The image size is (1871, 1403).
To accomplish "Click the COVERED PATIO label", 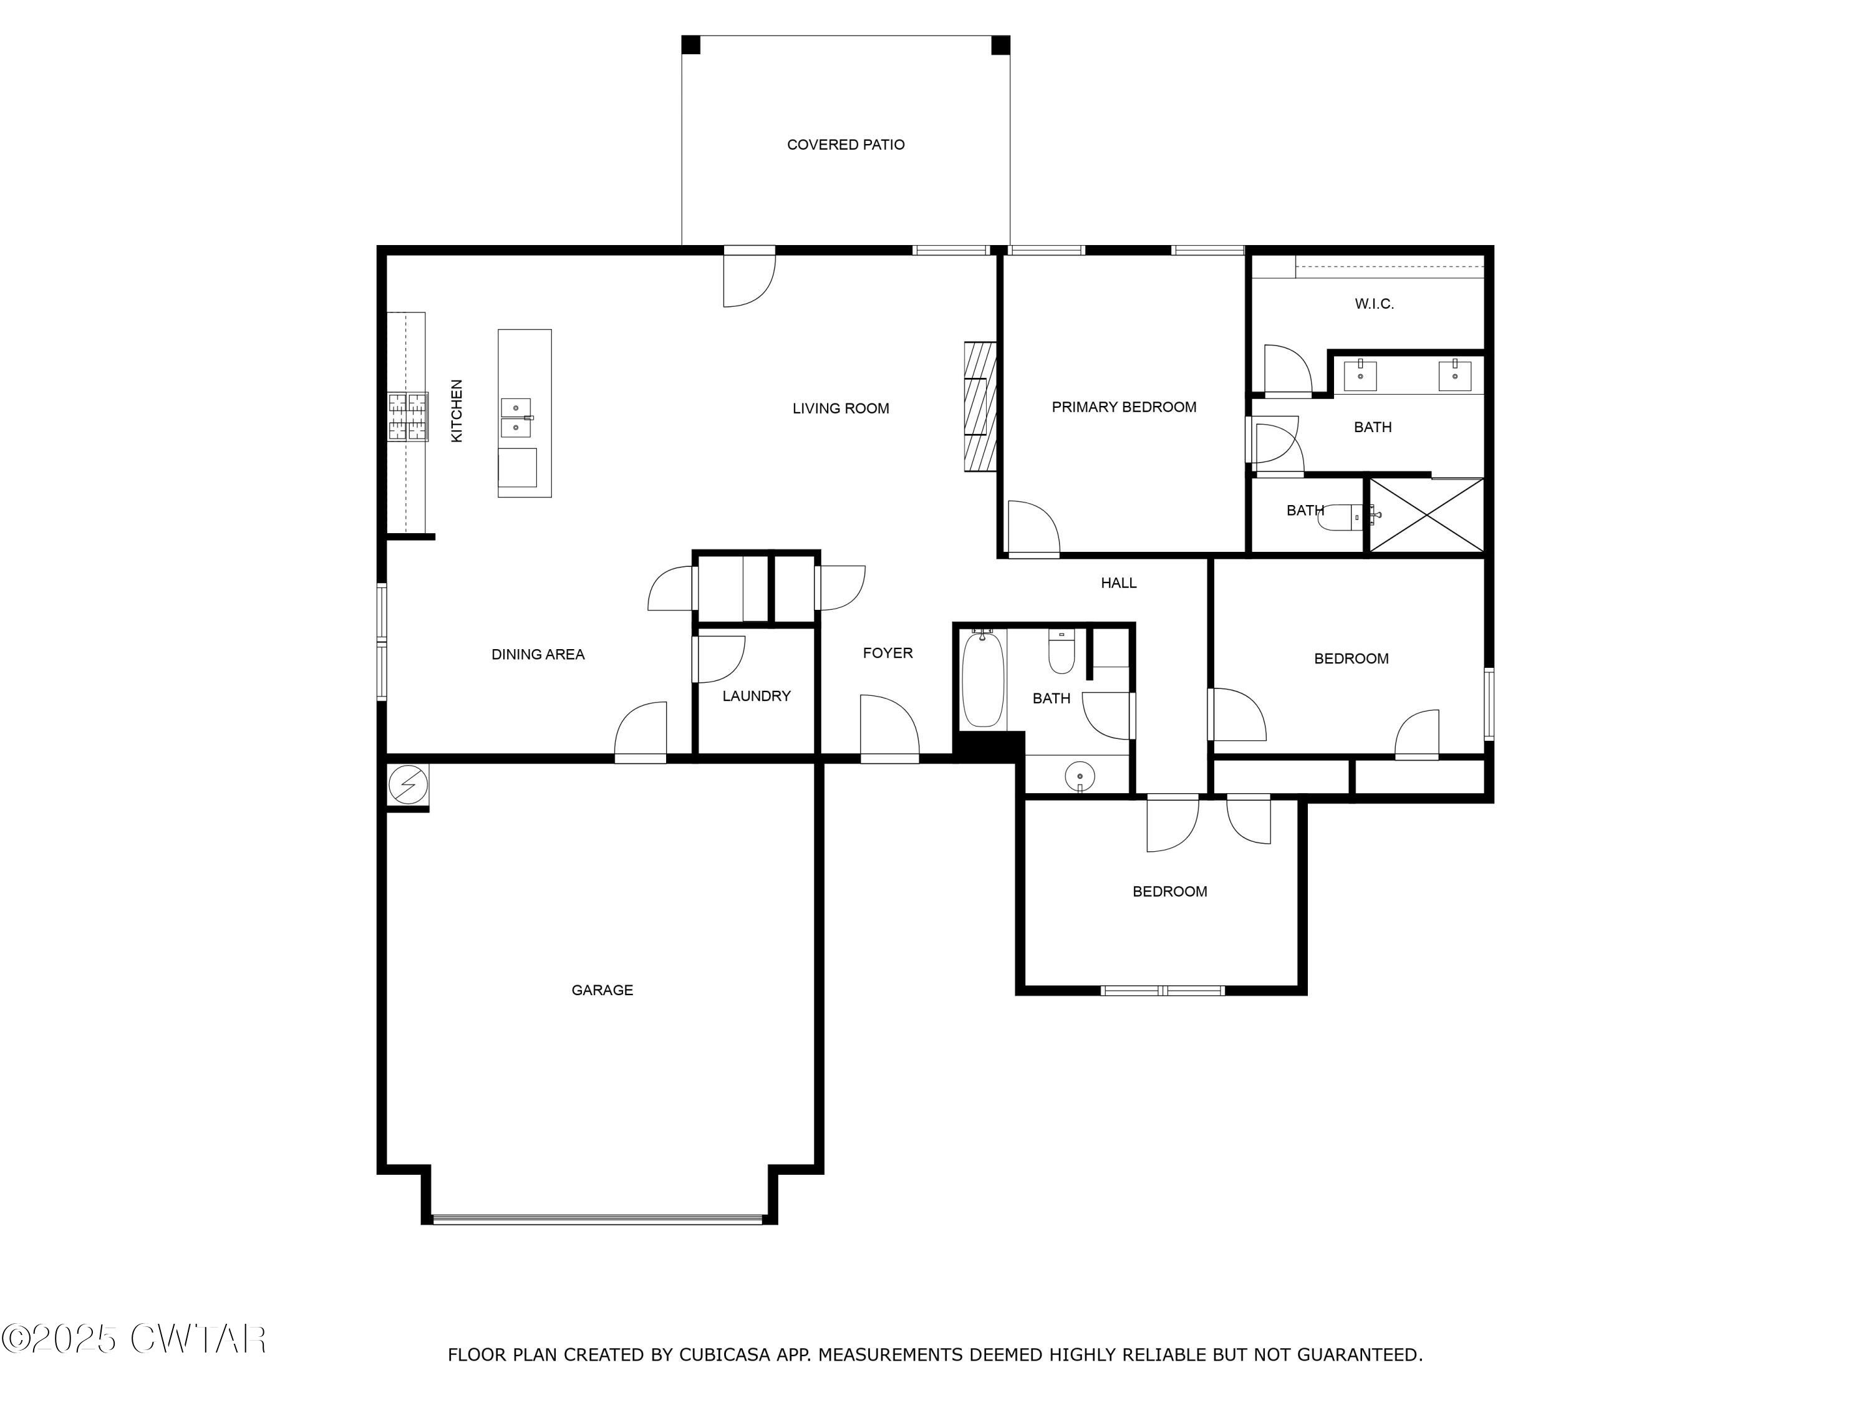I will tap(845, 145).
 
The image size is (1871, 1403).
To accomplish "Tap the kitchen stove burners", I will tap(408, 417).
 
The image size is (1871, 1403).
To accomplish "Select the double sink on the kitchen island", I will tap(516, 418).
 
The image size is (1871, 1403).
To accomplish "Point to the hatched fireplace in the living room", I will tap(980, 406).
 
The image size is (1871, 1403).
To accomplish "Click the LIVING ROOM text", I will tap(840, 408).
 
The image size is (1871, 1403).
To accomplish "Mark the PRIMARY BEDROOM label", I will tap(1123, 407).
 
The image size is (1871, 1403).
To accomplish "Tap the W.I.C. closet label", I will tap(1374, 304).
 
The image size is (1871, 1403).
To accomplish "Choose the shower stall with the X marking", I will tap(1426, 516).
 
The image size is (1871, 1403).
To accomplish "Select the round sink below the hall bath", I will tap(1080, 776).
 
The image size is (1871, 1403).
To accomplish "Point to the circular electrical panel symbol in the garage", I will tap(408, 786).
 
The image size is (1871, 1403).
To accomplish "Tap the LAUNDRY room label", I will tap(755, 696).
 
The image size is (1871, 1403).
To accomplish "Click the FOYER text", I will tap(887, 653).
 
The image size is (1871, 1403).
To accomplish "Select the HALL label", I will tap(1118, 582).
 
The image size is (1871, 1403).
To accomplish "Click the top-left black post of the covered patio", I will tap(690, 44).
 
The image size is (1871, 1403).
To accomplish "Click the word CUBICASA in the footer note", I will tap(724, 1354).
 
